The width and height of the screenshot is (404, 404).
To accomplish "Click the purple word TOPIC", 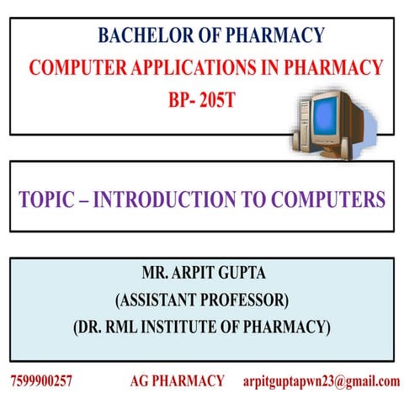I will point(50,200).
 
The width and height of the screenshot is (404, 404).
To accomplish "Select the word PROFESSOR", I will point(246,300).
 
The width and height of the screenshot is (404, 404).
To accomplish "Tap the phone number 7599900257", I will point(42,381).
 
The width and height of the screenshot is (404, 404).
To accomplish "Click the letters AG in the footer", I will point(140,381).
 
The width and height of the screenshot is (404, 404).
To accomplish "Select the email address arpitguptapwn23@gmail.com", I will point(321,381).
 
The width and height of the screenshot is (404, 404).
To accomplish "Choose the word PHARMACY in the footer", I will point(189,381).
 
